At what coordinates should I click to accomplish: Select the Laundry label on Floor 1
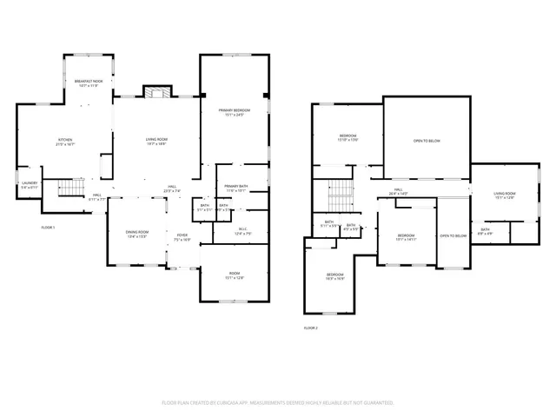pos(30,185)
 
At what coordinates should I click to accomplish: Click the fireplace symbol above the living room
pos(157,93)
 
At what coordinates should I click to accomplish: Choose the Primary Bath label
pos(236,189)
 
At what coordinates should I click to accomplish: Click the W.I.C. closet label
pos(244,230)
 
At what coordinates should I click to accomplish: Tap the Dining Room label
pos(137,233)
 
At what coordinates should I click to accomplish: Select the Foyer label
pos(182,236)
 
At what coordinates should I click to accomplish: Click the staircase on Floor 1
pos(69,188)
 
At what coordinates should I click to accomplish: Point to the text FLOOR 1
pos(48,227)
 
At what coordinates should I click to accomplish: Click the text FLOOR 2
pos(311,328)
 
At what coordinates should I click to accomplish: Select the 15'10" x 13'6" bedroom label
pos(347,138)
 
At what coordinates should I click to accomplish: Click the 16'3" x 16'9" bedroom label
pos(335,277)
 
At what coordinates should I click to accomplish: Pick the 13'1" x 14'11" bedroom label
pos(407,237)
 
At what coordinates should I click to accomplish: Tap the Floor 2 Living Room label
pos(505,195)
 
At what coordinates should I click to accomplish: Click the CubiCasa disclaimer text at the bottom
pos(278,402)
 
